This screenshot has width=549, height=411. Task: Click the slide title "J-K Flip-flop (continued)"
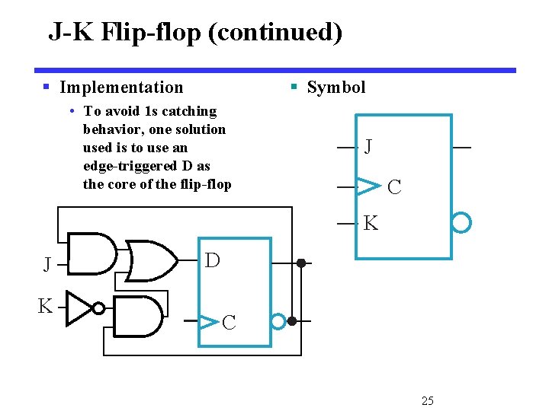point(195,32)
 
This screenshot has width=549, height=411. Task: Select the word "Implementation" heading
point(121,88)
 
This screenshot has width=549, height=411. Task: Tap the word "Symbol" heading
point(335,88)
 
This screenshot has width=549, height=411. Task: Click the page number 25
point(428,400)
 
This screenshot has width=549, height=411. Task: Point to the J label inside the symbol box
point(368,146)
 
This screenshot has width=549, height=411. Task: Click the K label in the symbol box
point(371,224)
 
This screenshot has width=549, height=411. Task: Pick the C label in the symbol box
point(394,187)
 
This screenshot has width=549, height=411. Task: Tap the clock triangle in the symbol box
point(368,185)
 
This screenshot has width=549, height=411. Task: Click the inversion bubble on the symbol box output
point(461,222)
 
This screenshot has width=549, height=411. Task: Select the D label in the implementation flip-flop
point(213,261)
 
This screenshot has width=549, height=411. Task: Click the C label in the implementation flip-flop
point(229,323)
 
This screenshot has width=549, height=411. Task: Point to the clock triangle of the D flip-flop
point(208,321)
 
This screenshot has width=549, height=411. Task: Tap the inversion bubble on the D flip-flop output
point(279,321)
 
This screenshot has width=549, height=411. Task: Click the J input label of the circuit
point(47,265)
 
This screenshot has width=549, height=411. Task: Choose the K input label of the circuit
point(46,307)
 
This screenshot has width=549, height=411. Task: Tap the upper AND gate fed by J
point(92,253)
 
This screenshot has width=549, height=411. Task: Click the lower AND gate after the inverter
point(138,315)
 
